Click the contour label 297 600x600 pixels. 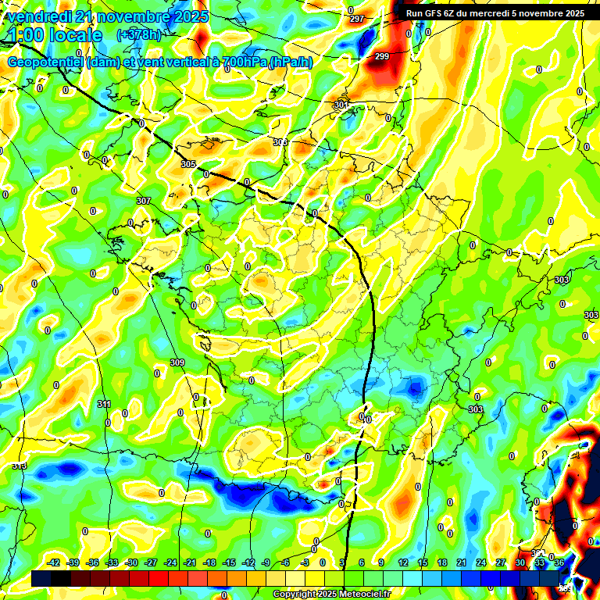coord(357,19)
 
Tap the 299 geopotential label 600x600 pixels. coord(381,56)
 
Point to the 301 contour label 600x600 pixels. coord(341,105)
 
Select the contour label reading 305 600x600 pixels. coord(187,164)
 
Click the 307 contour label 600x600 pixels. coord(143,201)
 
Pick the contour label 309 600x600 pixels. coord(177,362)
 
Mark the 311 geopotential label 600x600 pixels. coord(104,404)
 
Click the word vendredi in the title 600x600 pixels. coord(39,16)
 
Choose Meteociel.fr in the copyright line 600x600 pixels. coord(366,595)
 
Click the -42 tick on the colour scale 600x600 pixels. coord(54,562)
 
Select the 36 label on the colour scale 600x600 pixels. coord(559,562)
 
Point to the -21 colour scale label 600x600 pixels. coord(190,562)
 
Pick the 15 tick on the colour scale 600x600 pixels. coord(422,562)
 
